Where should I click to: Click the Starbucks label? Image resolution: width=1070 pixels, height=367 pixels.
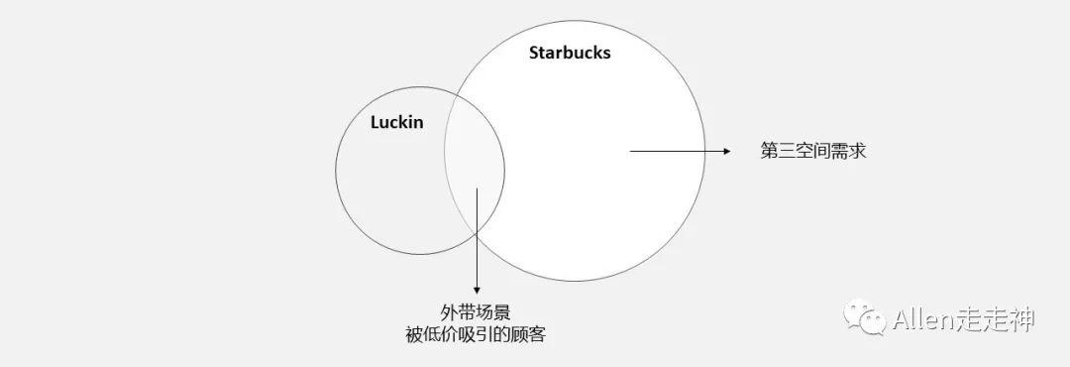tap(570, 53)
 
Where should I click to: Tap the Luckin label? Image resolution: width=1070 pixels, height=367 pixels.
tap(396, 123)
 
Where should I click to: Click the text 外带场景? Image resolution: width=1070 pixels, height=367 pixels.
tap(476, 311)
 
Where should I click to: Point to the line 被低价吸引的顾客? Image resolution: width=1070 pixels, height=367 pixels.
tap(476, 334)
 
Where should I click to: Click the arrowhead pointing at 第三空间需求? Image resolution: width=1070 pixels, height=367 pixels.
tap(726, 152)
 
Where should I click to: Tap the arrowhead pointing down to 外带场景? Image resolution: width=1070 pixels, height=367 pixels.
tap(477, 289)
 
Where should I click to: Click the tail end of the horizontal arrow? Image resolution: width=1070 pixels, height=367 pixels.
tap(631, 152)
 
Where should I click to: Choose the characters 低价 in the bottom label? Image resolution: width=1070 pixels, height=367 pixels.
tap(440, 334)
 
